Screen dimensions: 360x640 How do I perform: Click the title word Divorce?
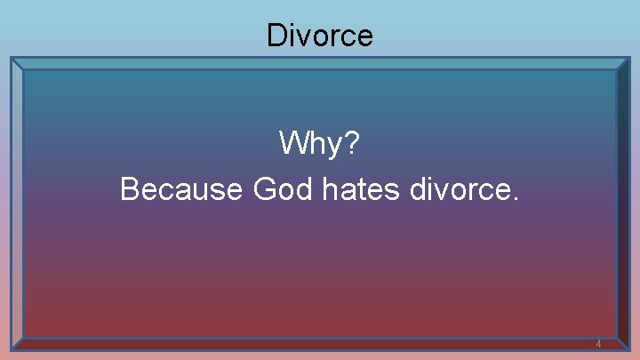(320, 36)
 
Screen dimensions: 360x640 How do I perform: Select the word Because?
(181, 189)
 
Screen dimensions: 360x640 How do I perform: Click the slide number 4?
(598, 344)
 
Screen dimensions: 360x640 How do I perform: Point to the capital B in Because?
(129, 189)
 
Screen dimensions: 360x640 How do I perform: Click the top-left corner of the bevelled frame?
(12, 59)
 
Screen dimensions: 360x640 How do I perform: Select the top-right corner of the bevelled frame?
(628, 59)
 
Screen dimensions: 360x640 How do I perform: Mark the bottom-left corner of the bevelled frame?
(12, 349)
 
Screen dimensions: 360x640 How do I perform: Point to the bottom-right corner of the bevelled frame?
(628, 349)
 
